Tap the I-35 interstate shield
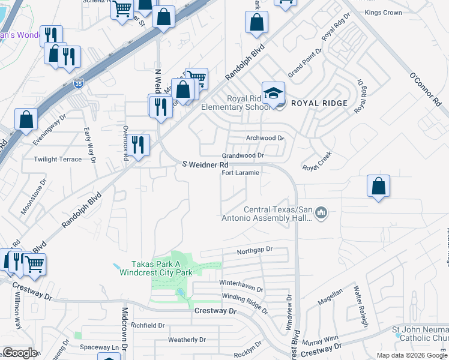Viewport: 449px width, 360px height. pos(79,85)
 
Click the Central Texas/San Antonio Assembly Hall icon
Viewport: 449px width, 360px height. pos(322,213)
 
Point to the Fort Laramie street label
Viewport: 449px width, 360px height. pos(240,173)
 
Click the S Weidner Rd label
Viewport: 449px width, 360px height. pos(205,164)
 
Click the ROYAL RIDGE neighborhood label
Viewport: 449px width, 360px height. pos(319,103)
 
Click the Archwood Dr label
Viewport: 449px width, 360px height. pos(265,138)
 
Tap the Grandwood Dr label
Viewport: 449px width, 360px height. pos(243,155)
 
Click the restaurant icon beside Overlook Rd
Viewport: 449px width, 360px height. pos(138,145)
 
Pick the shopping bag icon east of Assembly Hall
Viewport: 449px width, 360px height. pos(378,186)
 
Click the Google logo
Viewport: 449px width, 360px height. pos(20,353)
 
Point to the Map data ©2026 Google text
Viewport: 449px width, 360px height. pos(412,355)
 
